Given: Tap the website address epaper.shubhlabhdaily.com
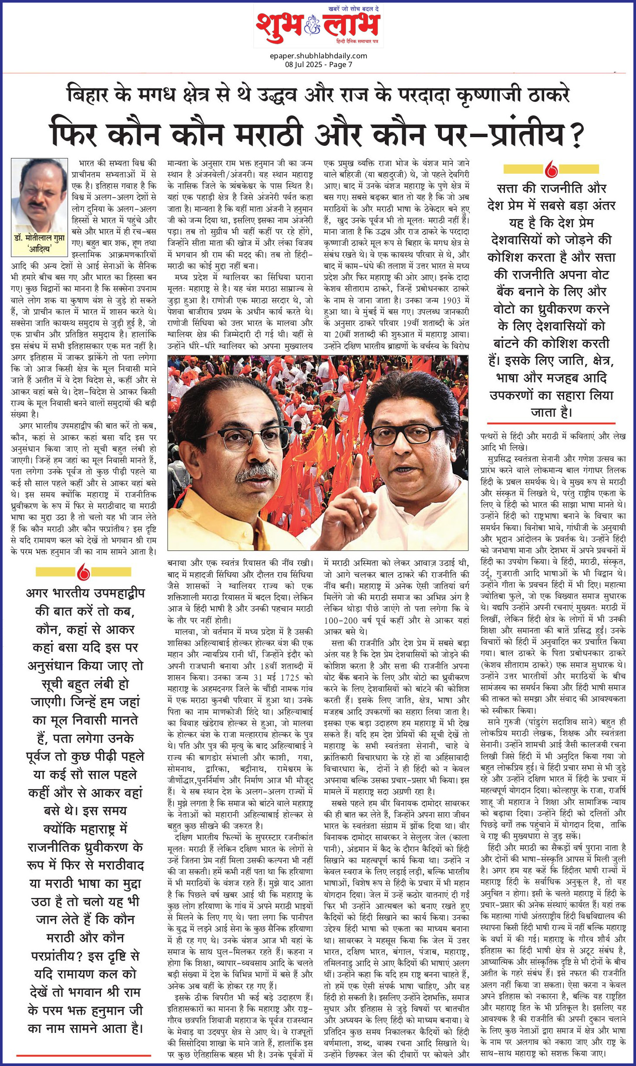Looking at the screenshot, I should tap(318, 56).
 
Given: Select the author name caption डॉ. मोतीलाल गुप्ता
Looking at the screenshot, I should tap(39, 239).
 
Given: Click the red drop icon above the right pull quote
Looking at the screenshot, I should tap(551, 169).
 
